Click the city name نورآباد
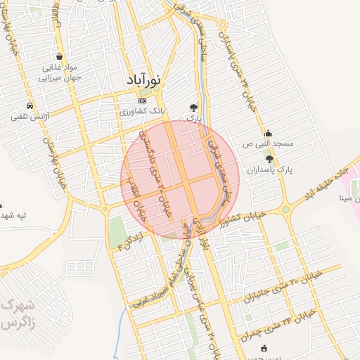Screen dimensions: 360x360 (x=143, y=80)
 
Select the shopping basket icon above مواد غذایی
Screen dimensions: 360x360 (x=60, y=56)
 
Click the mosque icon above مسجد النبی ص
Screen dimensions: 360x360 (x=268, y=133)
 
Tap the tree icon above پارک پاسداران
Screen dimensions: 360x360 (x=270, y=160)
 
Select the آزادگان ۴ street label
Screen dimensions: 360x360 (x=131, y=243)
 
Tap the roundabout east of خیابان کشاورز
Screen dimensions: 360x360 (x=285, y=208)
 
